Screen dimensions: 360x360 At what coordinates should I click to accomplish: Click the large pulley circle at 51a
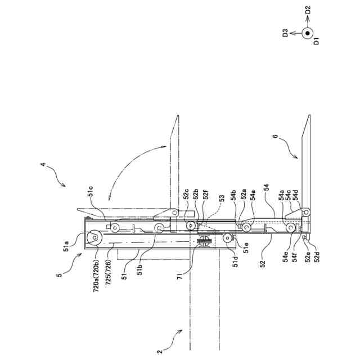[x=93, y=238]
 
